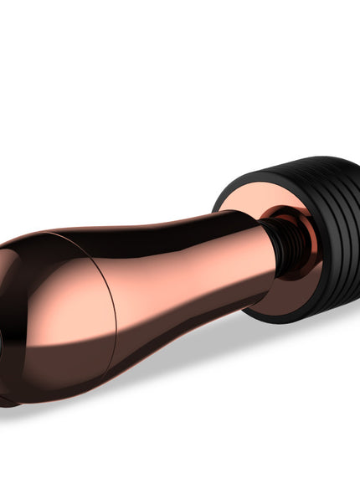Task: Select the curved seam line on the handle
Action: [96, 289]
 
